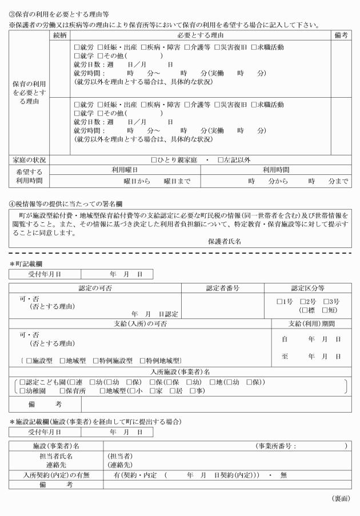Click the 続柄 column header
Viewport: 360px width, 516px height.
click(x=59, y=35)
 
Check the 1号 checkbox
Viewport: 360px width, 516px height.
click(x=279, y=301)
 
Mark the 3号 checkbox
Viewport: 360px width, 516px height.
click(x=326, y=301)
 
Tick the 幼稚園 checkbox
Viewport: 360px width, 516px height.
click(x=22, y=390)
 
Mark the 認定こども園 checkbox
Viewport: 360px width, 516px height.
click(x=22, y=381)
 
